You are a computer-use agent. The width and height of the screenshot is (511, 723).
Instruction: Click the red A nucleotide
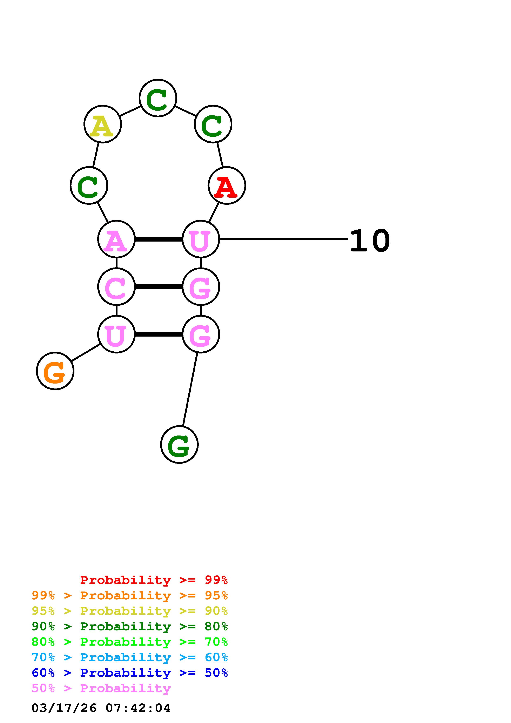(x=227, y=185)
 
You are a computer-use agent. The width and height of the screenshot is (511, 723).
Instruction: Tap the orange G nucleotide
(x=55, y=371)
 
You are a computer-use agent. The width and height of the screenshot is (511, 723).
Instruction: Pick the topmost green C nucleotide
(x=158, y=98)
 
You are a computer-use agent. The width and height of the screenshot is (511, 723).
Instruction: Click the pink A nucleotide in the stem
(x=116, y=239)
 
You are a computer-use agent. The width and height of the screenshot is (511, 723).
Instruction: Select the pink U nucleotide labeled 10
(x=201, y=239)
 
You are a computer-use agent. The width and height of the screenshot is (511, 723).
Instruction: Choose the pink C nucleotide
(x=116, y=286)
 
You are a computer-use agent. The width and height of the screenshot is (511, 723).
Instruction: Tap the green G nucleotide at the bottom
(x=179, y=445)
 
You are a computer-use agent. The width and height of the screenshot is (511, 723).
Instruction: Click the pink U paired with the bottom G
(x=116, y=334)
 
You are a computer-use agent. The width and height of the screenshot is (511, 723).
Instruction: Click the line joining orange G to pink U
(x=86, y=353)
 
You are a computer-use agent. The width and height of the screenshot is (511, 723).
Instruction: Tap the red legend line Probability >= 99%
(x=154, y=580)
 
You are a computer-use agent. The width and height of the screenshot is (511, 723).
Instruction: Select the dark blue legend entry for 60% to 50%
(x=130, y=673)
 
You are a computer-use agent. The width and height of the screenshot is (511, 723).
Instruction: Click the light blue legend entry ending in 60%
(x=130, y=657)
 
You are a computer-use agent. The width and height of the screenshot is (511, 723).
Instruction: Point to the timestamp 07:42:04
(x=138, y=708)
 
